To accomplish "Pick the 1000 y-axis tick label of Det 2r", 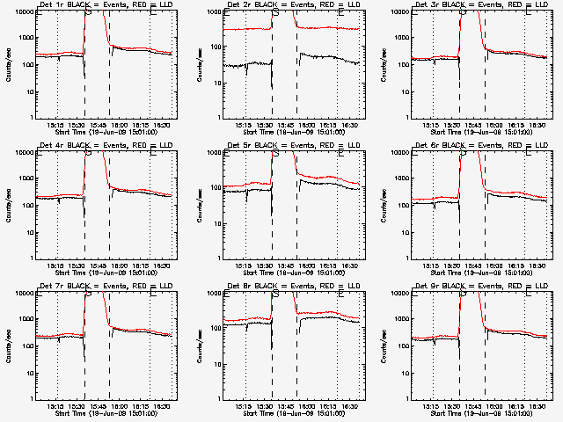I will click(x=213, y=38).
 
